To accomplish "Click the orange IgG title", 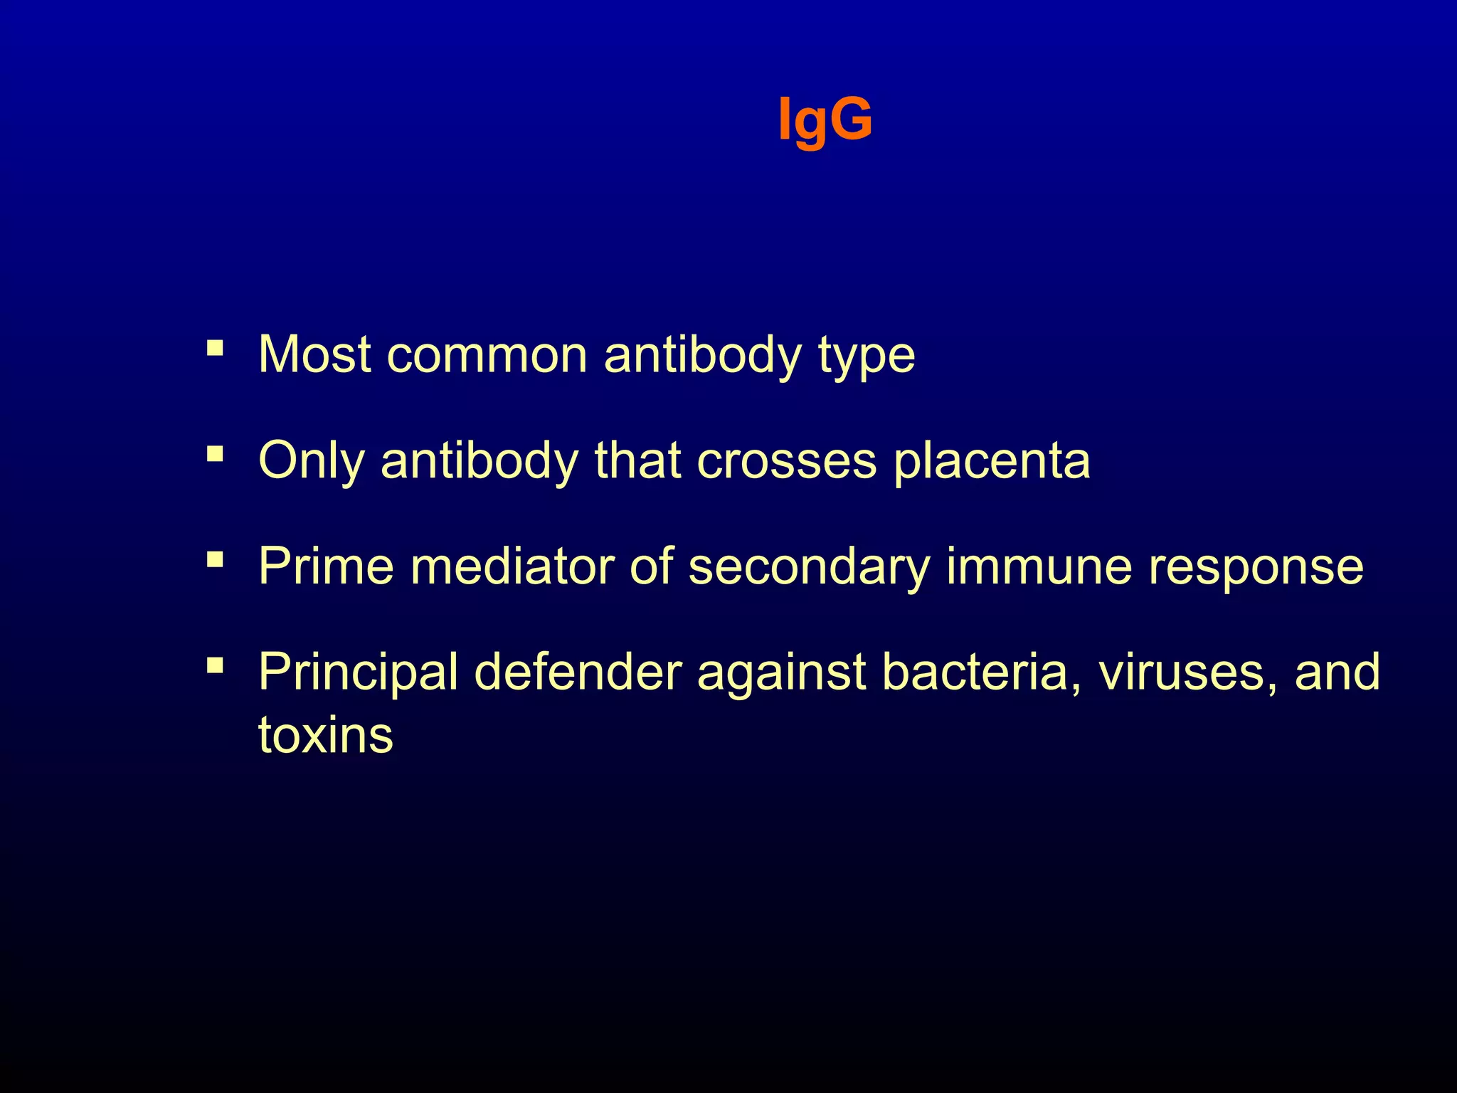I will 825,120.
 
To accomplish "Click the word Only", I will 311,461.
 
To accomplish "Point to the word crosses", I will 786,461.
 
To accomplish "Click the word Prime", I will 326,566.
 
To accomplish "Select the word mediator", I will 512,566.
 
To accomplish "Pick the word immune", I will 1039,566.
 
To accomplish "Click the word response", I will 1256,568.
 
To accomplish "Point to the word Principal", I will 358,673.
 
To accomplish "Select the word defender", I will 578,672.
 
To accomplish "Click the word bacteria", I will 975,672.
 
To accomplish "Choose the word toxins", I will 325,735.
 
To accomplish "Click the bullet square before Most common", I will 215,348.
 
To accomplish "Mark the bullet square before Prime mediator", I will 215,560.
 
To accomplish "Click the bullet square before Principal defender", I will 215,666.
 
